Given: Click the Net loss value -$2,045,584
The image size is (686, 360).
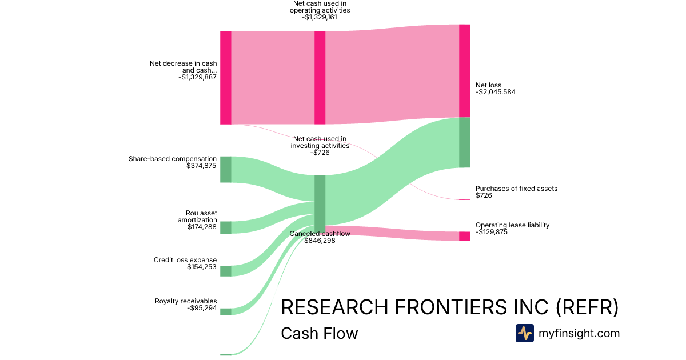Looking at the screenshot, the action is coord(496,92).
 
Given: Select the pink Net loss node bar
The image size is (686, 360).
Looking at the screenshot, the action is coord(464,71).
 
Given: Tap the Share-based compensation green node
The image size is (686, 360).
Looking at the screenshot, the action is coord(226,169).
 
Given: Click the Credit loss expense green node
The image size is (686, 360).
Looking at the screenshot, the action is coord(226,271).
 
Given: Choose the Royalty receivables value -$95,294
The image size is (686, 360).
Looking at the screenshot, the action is coord(202,308).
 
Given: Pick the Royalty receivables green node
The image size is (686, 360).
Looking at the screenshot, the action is coord(226,311).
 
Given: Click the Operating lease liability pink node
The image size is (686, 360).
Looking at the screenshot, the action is coord(464,236).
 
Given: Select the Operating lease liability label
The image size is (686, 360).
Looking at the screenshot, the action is coord(512,225).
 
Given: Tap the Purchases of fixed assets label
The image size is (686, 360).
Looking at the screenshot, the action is coord(516,189).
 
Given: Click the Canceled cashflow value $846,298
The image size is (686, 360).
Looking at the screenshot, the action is coord(320,241).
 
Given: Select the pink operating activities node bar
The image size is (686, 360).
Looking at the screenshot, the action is coord(320,78).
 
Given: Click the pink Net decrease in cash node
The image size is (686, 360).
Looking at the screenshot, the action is coord(226,78).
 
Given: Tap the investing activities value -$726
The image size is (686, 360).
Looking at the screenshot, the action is coord(320,153).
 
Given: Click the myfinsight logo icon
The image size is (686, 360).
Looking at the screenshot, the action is coord(524,333).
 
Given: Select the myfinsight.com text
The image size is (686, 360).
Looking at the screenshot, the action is coord(579,333).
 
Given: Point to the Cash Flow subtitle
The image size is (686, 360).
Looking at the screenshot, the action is coord(319,333).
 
